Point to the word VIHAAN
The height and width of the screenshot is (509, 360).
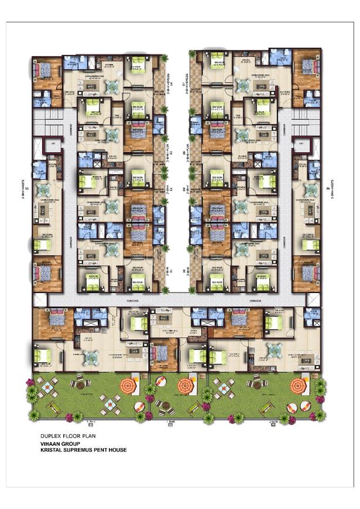click(49, 444)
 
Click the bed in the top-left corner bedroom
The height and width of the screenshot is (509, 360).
click(45, 70)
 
